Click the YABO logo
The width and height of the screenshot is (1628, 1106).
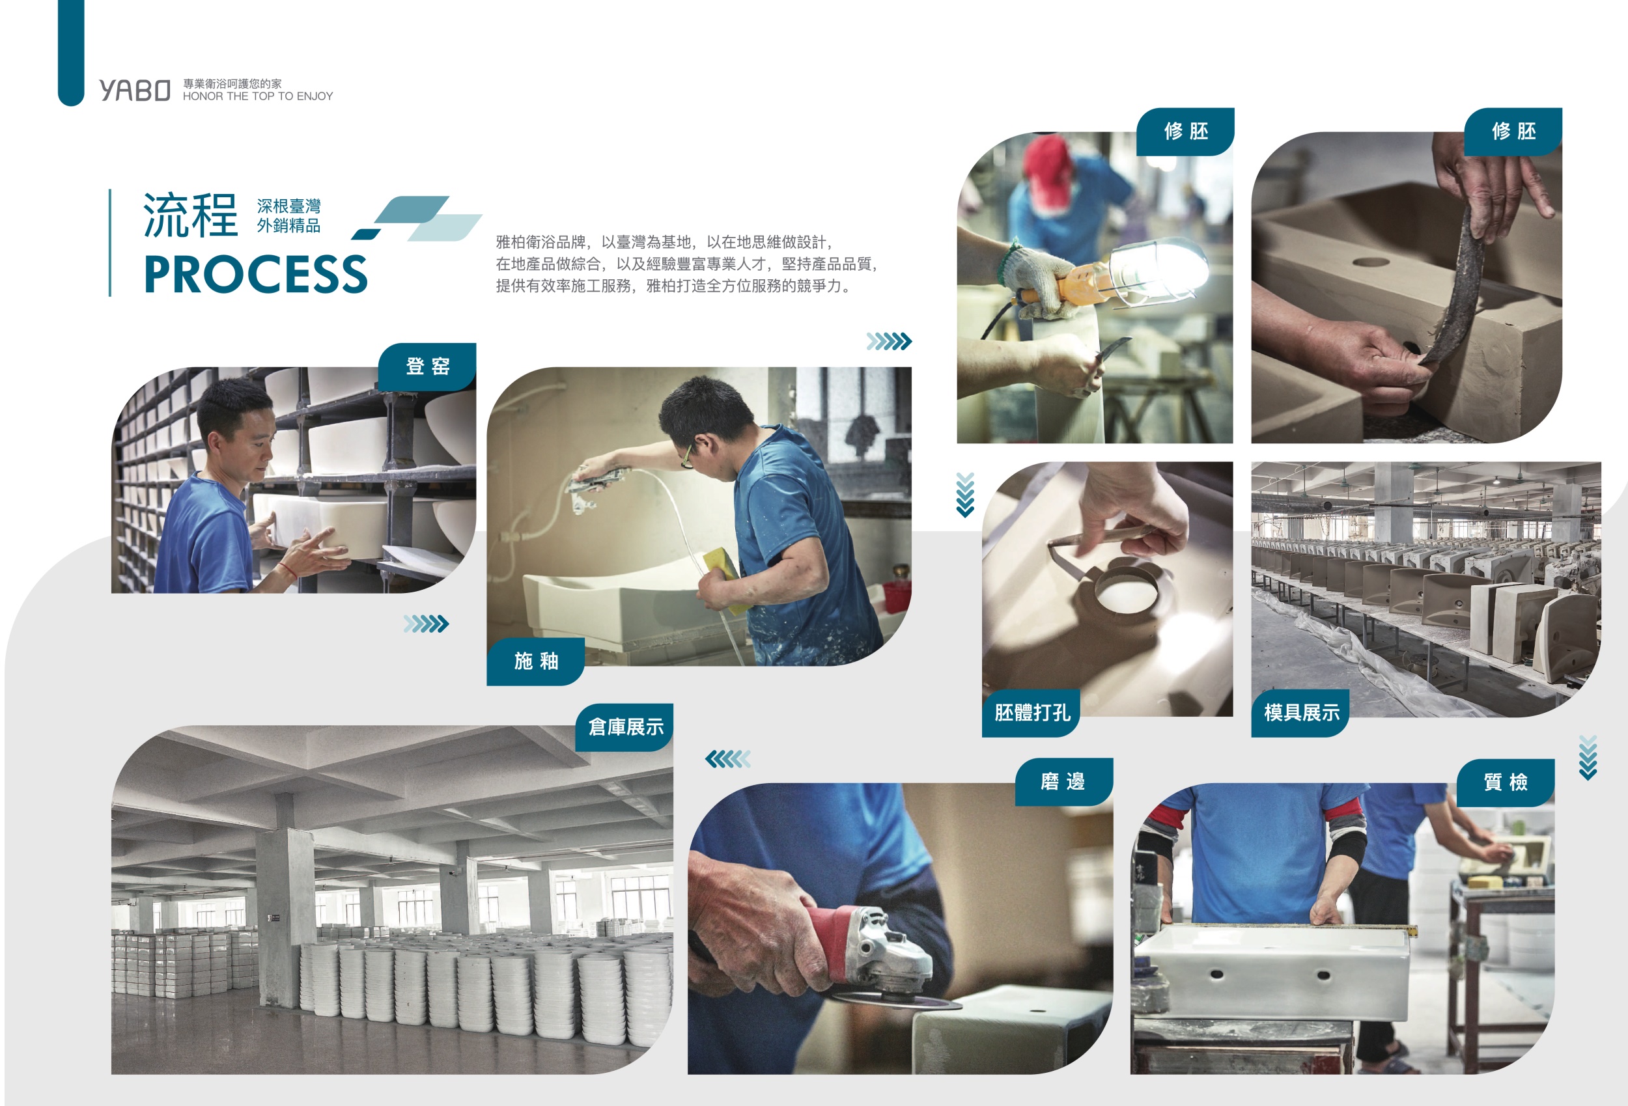135,90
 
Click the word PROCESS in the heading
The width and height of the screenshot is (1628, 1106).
256,274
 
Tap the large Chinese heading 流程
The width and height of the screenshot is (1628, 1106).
191,215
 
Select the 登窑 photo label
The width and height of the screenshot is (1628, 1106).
427,366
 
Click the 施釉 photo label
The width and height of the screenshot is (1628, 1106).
536,661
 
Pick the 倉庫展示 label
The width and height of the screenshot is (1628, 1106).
625,727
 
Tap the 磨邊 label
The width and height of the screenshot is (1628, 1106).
1063,782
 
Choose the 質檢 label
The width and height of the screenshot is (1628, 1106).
1506,782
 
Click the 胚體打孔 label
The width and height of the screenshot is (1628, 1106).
1031,713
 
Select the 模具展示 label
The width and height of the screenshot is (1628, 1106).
1301,713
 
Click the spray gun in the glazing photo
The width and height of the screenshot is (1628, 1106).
595,483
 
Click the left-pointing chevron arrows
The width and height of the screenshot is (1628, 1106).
728,758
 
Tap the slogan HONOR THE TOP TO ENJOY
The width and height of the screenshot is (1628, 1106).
258,96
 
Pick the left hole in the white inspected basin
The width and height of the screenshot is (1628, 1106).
1217,975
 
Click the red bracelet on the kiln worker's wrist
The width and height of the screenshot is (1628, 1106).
287,568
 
